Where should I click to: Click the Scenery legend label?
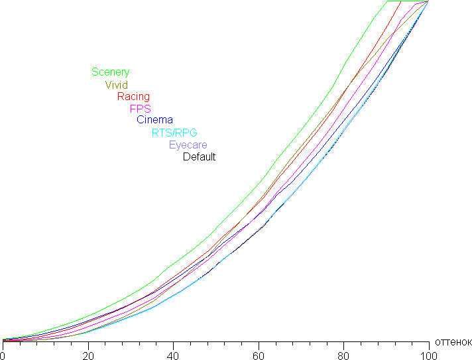point(111,72)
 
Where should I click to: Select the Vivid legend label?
point(117,85)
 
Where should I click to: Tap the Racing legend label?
point(133,97)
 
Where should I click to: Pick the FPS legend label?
point(141,109)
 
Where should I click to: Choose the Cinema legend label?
point(154,120)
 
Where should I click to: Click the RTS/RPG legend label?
point(174,133)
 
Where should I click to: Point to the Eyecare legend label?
point(188,145)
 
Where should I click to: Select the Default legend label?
point(199,157)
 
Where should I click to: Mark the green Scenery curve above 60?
point(259,186)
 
